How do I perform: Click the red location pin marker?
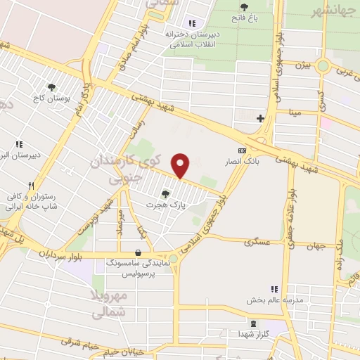pos(181,166)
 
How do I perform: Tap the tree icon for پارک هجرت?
pos(166,194)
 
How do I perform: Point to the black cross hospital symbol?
pos(261,118)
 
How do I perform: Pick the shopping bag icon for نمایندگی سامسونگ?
pos(137,252)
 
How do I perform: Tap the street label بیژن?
pos(302,65)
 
